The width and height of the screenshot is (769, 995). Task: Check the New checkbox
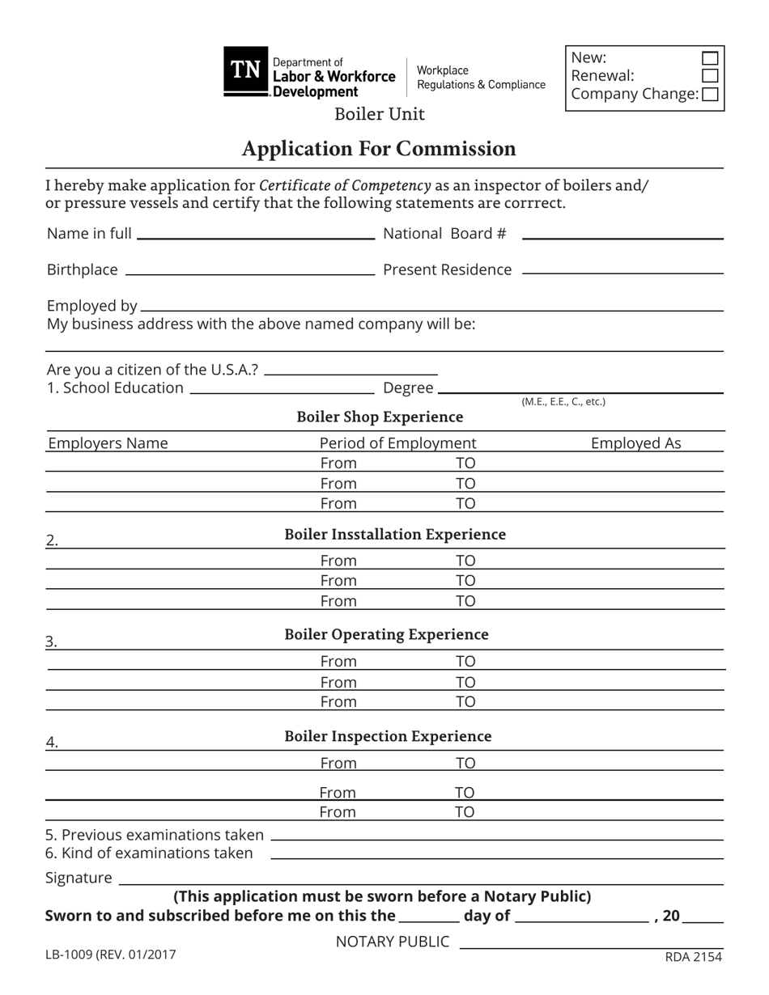coord(709,58)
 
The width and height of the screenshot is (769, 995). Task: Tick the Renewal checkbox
coord(709,76)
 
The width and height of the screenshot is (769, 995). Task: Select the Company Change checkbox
coord(710,95)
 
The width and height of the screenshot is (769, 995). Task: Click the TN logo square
coord(246,71)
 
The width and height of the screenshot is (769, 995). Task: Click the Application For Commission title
coord(378,149)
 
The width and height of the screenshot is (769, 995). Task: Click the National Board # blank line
coord(622,235)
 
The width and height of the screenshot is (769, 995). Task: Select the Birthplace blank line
coord(250,272)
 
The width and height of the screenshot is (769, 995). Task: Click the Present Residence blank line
coord(622,272)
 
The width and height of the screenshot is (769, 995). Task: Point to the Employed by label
coord(91,306)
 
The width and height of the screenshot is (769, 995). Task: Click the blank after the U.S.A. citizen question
coord(351,371)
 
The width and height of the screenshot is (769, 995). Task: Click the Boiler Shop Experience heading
coord(380,417)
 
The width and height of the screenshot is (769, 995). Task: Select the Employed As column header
coord(635,443)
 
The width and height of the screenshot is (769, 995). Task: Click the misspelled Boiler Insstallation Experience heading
coord(395,535)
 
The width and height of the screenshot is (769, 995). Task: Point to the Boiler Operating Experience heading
coord(386,634)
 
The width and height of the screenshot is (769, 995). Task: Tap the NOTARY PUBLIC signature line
coord(591,945)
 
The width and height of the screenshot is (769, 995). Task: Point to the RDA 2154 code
coord(693,957)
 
